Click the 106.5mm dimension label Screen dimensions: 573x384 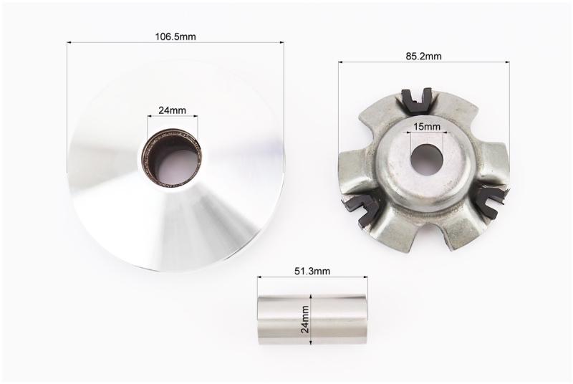[x=175, y=37]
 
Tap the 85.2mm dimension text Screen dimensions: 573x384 [x=423, y=57]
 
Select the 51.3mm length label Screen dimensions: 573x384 [x=312, y=271]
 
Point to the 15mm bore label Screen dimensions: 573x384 [x=427, y=127]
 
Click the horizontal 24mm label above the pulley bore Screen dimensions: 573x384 [x=172, y=110]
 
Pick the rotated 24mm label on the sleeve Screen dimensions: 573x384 [x=305, y=320]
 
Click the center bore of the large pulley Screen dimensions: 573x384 [x=172, y=157]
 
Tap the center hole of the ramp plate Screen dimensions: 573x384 [x=427, y=159]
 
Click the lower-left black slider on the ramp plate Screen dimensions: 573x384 [x=362, y=209]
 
